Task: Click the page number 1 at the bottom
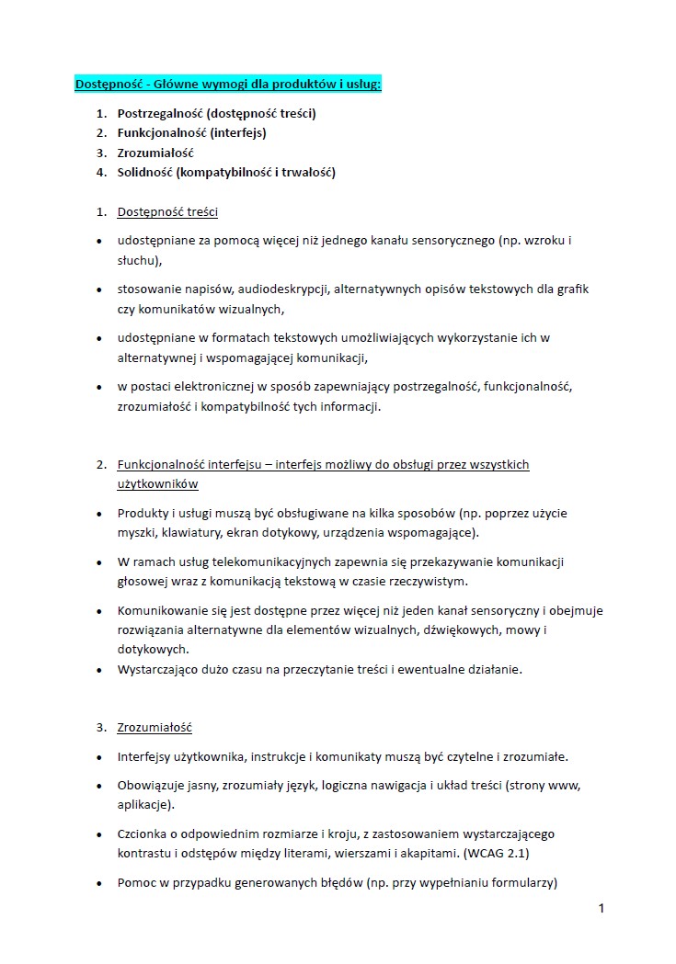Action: (601, 909)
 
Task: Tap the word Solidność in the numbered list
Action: (144, 172)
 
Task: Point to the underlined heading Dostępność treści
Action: (167, 212)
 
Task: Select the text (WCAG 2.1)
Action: (497, 853)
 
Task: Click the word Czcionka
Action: (143, 834)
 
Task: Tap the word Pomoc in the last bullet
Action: (136, 883)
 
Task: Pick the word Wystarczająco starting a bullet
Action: (161, 669)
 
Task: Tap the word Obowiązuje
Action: (152, 786)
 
